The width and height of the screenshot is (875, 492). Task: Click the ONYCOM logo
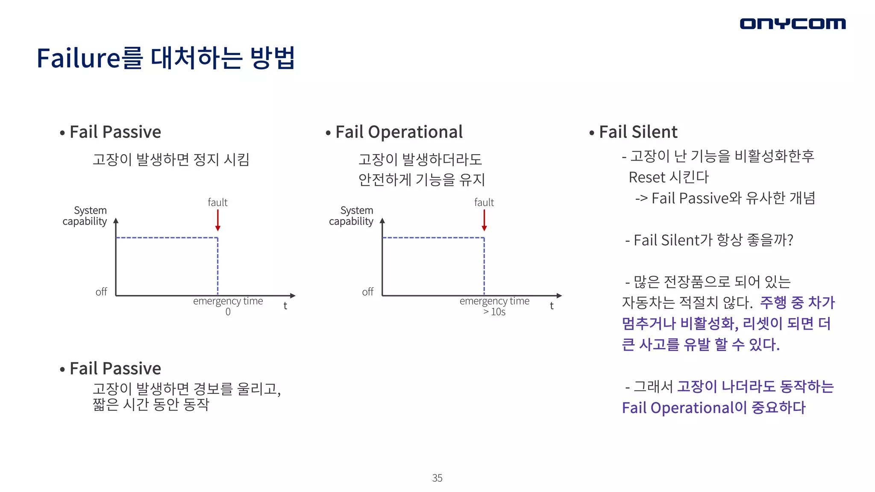(x=793, y=23)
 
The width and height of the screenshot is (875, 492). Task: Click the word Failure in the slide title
(x=79, y=58)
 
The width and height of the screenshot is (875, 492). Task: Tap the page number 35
(x=437, y=478)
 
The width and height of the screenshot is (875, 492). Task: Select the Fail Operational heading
(x=399, y=132)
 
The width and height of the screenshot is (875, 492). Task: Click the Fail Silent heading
(x=638, y=132)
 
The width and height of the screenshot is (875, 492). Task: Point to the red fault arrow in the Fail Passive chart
(x=218, y=220)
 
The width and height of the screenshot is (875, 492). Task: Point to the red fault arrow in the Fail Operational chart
(x=484, y=220)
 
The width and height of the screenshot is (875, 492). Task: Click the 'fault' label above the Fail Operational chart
(x=484, y=202)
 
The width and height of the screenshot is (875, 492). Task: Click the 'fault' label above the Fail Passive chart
(x=217, y=202)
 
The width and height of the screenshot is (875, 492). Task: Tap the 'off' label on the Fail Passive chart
(x=101, y=292)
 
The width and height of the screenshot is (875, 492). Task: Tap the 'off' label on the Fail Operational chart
(x=367, y=292)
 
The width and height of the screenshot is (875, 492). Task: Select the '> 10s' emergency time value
(x=494, y=312)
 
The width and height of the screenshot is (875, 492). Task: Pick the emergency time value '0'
(x=228, y=312)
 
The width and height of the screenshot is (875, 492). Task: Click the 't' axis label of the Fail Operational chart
(x=552, y=306)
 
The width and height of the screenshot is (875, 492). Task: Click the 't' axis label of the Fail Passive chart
(x=285, y=306)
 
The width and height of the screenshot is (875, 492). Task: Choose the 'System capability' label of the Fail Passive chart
(x=85, y=216)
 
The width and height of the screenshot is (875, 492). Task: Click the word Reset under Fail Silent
(x=647, y=177)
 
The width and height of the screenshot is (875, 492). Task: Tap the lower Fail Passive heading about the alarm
(x=115, y=368)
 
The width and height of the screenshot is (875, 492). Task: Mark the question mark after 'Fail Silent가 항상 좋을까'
(x=790, y=240)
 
